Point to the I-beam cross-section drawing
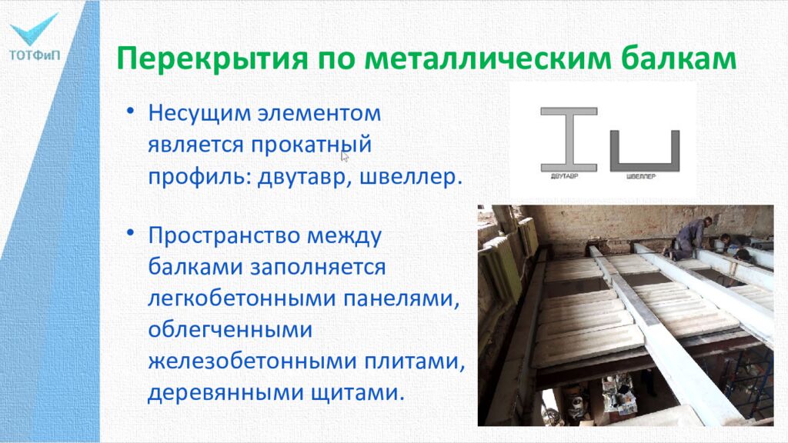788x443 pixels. coord(569,138)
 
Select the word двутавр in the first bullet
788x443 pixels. coord(305,175)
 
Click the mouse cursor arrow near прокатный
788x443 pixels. coord(345,155)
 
